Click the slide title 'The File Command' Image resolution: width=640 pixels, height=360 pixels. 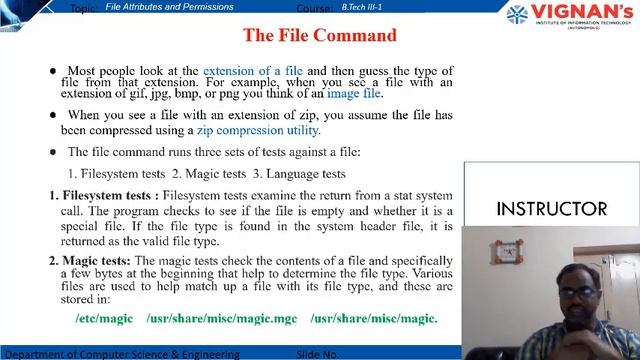[320, 36]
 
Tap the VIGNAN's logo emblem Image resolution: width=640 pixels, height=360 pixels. [517, 14]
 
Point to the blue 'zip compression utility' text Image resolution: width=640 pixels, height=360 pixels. [257, 130]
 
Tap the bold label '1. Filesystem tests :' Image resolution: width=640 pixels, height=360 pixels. [104, 195]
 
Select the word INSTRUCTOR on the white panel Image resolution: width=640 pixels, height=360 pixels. [551, 209]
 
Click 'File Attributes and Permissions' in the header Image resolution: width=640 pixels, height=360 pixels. [169, 7]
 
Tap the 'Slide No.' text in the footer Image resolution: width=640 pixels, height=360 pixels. [319, 354]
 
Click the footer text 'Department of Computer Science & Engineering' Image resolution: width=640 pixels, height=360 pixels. [121, 354]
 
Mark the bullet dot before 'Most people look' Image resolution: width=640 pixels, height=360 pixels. [53, 72]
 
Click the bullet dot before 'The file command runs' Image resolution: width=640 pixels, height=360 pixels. [53, 152]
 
